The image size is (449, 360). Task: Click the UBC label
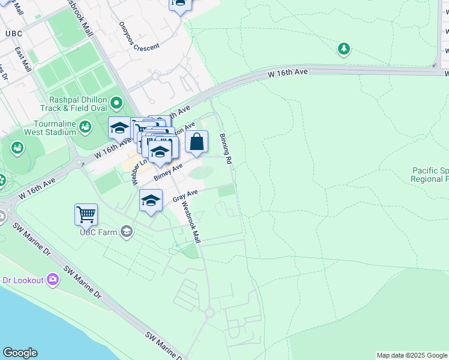pos(13,34)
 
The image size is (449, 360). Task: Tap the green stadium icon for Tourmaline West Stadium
pos(86,127)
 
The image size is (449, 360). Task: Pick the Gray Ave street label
pos(185,196)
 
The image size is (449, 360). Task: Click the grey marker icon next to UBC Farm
pos(126,231)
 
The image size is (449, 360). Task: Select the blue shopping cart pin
pos(86,214)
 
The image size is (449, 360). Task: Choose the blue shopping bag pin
pos(196,143)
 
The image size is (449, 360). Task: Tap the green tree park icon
pos(343,49)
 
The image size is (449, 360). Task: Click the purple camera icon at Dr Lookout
pos(53,280)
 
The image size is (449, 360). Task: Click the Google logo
pos(20,353)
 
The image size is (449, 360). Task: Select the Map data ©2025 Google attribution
pos(412,355)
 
